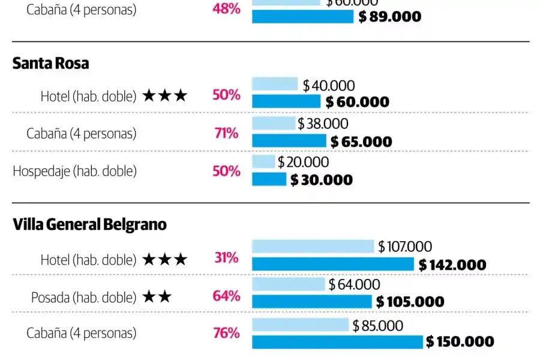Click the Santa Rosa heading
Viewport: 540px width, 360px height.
pyautogui.click(x=50, y=64)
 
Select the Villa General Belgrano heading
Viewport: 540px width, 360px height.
pyautogui.click(x=89, y=225)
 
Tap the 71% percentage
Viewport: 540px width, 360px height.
pyautogui.click(x=226, y=133)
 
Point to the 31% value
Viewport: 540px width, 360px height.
pyautogui.click(x=226, y=258)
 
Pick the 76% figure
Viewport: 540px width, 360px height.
pyautogui.click(x=226, y=333)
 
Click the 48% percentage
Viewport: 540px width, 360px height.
pyautogui.click(x=226, y=10)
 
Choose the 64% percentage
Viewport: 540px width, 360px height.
pyautogui.click(x=226, y=296)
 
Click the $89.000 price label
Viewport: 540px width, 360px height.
pyautogui.click(x=390, y=17)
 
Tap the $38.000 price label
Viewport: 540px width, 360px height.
pyautogui.click(x=323, y=124)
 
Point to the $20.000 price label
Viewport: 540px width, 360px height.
pyautogui.click(x=303, y=162)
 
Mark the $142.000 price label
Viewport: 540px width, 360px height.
pyautogui.click(x=452, y=265)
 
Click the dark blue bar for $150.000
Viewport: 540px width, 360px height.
pyautogui.click(x=337, y=342)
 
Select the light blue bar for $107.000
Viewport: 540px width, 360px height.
pyautogui.click(x=313, y=246)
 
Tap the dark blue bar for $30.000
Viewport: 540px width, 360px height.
pyautogui.click(x=269, y=179)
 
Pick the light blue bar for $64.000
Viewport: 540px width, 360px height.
pyautogui.click(x=288, y=284)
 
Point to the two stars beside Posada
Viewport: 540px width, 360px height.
pyautogui.click(x=157, y=296)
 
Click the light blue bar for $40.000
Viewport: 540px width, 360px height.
pyautogui.click(x=275, y=84)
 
